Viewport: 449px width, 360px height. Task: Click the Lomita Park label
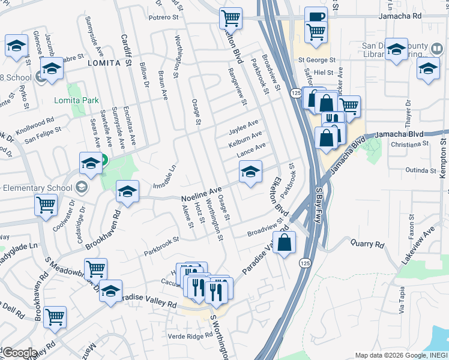(76, 100)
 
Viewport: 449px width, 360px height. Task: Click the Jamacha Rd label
(402, 17)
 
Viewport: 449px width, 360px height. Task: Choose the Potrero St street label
(163, 17)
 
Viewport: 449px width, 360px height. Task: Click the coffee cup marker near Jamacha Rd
(316, 17)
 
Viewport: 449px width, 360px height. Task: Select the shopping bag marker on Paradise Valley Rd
(286, 243)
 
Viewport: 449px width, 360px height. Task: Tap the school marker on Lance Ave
(250, 172)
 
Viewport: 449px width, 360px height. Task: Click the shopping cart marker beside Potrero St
(230, 18)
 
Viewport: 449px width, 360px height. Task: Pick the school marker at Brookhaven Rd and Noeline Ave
(127, 192)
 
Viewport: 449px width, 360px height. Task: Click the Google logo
(19, 353)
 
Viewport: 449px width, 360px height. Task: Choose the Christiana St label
(409, 144)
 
